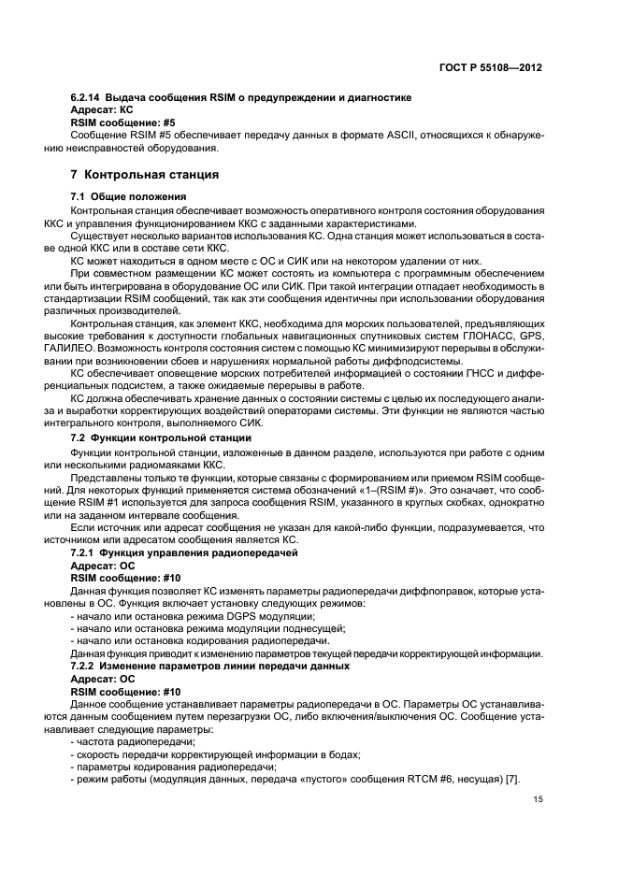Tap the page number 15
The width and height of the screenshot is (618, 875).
point(539,799)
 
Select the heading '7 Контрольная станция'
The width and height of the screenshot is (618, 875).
point(145,174)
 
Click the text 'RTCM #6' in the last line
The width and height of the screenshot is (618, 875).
point(405,780)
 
